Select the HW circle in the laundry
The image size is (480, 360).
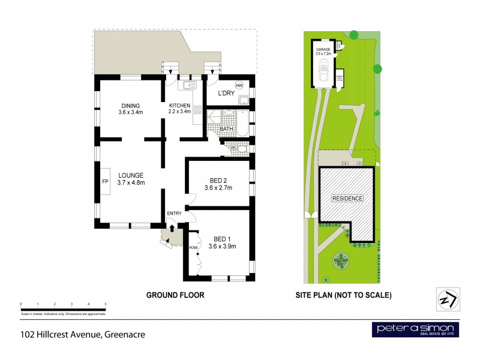coord(239,85)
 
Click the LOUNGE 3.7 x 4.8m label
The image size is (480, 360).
coord(130,179)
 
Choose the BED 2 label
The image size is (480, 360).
coord(218,184)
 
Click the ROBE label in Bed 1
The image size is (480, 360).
coord(193,247)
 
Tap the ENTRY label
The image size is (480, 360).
coord(174,214)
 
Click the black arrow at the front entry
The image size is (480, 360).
coord(172,227)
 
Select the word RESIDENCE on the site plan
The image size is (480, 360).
coord(347,198)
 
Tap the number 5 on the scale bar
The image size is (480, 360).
coord(106,304)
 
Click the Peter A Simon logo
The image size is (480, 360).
coord(416,329)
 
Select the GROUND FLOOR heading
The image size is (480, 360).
coord(176,295)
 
